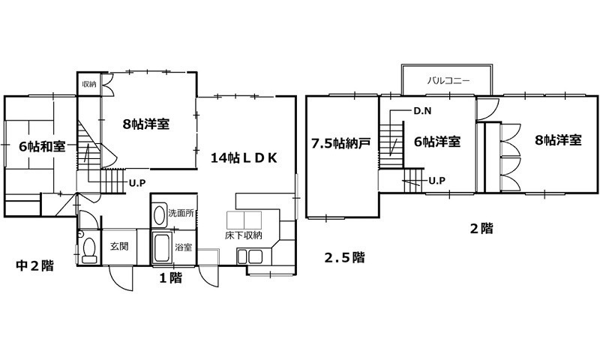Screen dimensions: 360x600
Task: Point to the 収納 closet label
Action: (x=89, y=84)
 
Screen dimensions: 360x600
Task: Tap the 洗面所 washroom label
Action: (x=181, y=213)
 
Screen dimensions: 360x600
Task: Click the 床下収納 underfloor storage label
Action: (x=244, y=235)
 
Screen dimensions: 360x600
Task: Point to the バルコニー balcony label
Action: (x=448, y=79)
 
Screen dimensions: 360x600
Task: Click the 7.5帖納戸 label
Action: (x=341, y=142)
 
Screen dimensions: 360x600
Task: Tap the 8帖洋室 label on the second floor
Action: (x=558, y=139)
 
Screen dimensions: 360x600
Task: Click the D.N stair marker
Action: (x=422, y=111)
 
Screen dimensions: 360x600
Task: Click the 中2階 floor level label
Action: (x=35, y=265)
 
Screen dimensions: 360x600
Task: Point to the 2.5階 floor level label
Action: (x=344, y=257)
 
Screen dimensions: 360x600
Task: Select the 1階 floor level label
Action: (x=170, y=277)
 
